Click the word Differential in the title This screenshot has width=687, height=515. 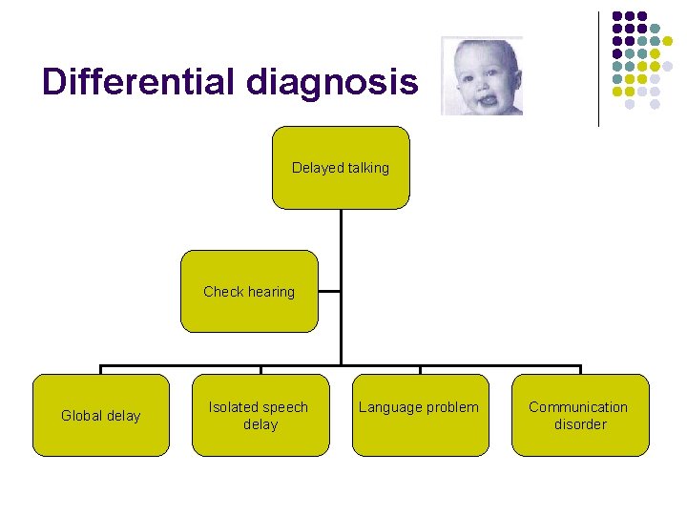coord(138,82)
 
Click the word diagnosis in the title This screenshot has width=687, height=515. coord(331,84)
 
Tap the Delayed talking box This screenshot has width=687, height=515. coord(341,168)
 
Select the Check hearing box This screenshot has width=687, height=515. coord(249,292)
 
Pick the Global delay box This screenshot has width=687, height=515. coord(100,416)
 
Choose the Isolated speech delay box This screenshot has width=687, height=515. coord(260,416)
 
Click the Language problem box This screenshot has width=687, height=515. coord(420,416)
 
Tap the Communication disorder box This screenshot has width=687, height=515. coord(579,416)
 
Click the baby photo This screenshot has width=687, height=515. coord(482,76)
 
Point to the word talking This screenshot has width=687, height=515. coord(367,168)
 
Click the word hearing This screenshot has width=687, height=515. coord(272,292)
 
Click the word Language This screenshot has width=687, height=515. coord(389,407)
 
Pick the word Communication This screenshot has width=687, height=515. coord(578,407)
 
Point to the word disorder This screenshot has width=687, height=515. coord(580,424)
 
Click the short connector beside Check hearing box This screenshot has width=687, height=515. coord(329,291)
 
